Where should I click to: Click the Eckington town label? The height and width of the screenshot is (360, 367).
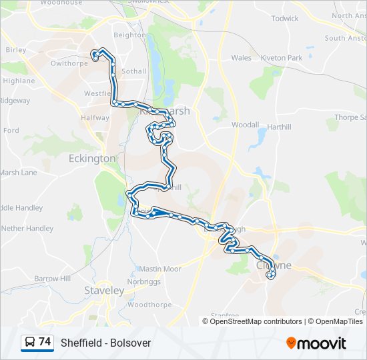[92, 159]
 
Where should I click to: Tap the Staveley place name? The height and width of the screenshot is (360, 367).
[104, 291]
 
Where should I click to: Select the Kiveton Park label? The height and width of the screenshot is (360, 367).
[281, 58]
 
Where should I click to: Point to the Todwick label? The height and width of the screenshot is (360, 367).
[285, 19]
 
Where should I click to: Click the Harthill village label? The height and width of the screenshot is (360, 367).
[279, 127]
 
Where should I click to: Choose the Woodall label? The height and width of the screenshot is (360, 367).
[245, 125]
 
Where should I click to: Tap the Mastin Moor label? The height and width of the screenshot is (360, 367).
[159, 269]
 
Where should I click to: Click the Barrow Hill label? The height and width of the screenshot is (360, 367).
[53, 278]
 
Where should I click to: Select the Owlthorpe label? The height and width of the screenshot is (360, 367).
[69, 64]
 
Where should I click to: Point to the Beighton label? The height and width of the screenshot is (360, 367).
[129, 35]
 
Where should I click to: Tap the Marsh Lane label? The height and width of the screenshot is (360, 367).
[19, 173]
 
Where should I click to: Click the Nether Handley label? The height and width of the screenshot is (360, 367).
[27, 228]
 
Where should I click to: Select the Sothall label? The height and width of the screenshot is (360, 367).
[134, 71]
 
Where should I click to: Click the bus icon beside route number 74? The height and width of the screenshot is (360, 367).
[30, 343]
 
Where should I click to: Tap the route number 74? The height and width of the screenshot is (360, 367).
[45, 342]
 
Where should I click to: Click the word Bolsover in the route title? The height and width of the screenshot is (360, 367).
[132, 343]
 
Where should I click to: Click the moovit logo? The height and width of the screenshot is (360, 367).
[316, 343]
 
